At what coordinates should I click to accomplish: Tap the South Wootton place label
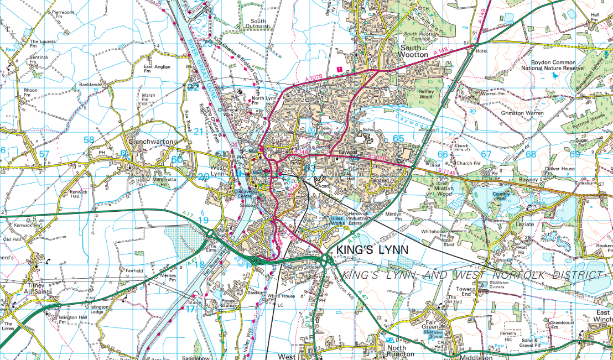pos(414,51)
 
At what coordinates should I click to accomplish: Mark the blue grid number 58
pos(89,140)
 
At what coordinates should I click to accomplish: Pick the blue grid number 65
pos(398,138)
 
